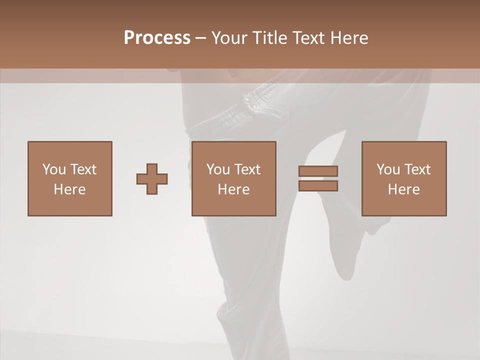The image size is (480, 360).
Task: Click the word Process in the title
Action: tap(157, 38)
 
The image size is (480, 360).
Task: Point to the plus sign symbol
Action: tap(152, 178)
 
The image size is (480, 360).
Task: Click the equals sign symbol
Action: tap(318, 178)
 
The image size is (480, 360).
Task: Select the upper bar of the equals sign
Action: tap(318, 171)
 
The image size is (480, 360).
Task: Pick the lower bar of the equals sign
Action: tap(318, 186)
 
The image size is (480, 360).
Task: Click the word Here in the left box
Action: tap(70, 189)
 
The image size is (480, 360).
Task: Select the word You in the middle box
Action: tap(218, 169)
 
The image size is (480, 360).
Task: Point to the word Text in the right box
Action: tap(417, 169)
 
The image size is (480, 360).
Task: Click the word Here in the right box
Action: tap(404, 189)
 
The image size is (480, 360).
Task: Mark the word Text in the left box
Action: tap(83, 169)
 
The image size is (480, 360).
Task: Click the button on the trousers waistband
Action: tap(248, 100)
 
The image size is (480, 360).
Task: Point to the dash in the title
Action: tap(200, 38)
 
